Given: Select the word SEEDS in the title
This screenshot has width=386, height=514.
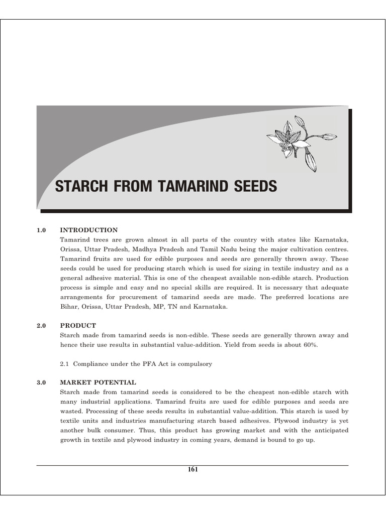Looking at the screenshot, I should pyautogui.click(x=254, y=187).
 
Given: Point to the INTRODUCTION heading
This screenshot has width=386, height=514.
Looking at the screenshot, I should pyautogui.click(x=88, y=230).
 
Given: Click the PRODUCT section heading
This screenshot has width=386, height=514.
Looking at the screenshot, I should pyautogui.click(x=78, y=325).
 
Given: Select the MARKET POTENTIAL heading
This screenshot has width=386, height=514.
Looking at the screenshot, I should pyautogui.click(x=98, y=382).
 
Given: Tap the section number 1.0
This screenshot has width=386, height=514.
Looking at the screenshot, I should pyautogui.click(x=41, y=230).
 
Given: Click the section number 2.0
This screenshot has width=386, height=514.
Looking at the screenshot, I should pyautogui.click(x=41, y=325).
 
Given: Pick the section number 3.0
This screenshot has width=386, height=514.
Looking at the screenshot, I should pyautogui.click(x=41, y=382).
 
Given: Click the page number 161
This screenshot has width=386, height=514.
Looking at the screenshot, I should pyautogui.click(x=192, y=469).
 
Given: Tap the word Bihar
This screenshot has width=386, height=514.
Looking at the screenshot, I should pyautogui.click(x=68, y=306).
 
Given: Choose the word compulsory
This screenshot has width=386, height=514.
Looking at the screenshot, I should pyautogui.click(x=196, y=363).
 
